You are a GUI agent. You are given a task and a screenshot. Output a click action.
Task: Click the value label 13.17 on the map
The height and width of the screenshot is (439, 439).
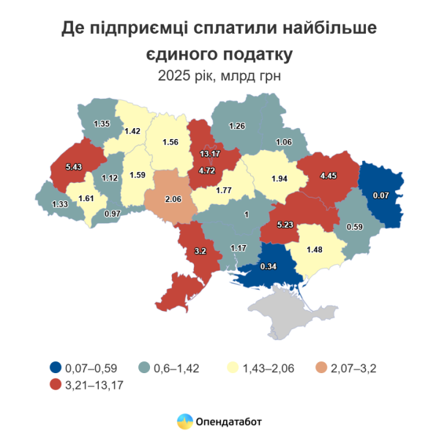(211, 154)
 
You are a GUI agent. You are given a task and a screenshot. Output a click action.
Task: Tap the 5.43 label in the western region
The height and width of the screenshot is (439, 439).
(74, 167)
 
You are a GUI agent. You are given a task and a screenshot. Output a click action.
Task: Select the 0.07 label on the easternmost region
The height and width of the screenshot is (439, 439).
(380, 195)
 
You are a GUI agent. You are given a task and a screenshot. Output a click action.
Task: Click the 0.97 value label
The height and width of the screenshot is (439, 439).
(113, 213)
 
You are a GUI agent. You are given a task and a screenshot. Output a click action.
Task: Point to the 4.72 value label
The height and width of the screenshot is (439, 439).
(208, 171)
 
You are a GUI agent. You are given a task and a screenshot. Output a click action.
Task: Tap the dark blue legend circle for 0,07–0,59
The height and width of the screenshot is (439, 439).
(56, 367)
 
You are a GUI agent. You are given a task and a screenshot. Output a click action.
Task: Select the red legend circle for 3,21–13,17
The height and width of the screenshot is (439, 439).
(56, 386)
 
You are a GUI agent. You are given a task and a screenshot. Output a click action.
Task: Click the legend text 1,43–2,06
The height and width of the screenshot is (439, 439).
(261, 367)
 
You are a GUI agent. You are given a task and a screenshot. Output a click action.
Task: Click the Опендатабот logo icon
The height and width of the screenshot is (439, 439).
(185, 421)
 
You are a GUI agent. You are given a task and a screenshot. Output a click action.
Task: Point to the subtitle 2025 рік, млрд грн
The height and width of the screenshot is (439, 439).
(219, 75)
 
